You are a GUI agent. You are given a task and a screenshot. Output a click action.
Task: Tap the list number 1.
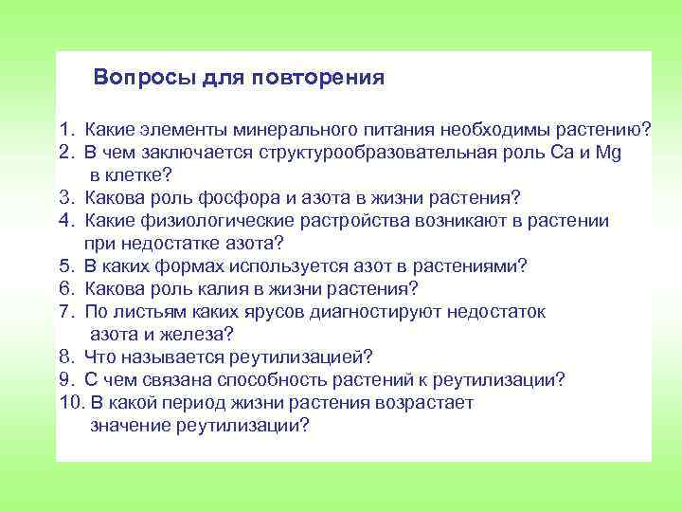coord(63,129)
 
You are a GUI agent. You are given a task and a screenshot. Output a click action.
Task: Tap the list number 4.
coord(63,221)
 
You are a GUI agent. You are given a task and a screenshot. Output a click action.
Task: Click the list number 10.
coord(68,403)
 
